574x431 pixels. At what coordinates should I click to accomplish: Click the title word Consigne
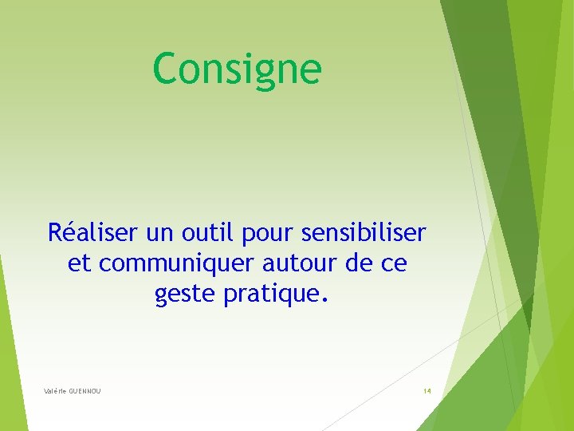tap(237, 69)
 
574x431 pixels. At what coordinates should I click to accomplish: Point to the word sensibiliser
tap(364, 233)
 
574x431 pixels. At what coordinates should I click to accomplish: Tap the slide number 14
tap(427, 391)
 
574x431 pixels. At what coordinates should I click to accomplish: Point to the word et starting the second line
tap(79, 264)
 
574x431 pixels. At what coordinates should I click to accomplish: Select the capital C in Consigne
tap(165, 69)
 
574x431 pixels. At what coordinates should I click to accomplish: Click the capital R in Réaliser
tap(55, 233)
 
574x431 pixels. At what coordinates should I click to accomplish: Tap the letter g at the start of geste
tap(161, 298)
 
